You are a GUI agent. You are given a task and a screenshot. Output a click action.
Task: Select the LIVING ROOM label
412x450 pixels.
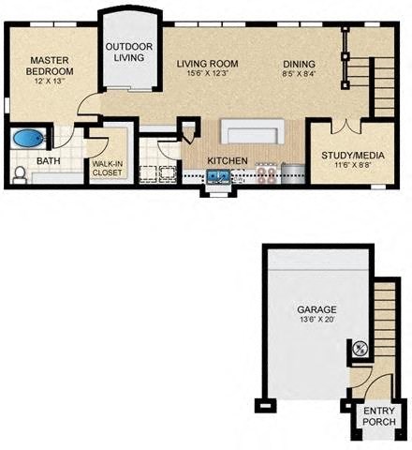pyautogui.click(x=207, y=64)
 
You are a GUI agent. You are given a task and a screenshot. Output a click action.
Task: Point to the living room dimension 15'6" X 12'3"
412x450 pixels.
pyautogui.click(x=207, y=74)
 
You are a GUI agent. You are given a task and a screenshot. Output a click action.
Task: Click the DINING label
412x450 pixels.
pyautogui.click(x=301, y=64)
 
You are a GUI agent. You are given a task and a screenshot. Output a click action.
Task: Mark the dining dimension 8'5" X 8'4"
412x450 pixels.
pyautogui.click(x=301, y=74)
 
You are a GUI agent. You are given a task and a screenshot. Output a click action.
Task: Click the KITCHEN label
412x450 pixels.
pyautogui.click(x=228, y=160)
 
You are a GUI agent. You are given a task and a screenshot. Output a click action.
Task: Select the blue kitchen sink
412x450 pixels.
pyautogui.click(x=219, y=174)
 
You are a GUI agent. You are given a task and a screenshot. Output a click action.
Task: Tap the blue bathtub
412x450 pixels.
pyautogui.click(x=29, y=140)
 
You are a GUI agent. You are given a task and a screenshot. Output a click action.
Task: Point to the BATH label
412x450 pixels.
pyautogui.click(x=48, y=161)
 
